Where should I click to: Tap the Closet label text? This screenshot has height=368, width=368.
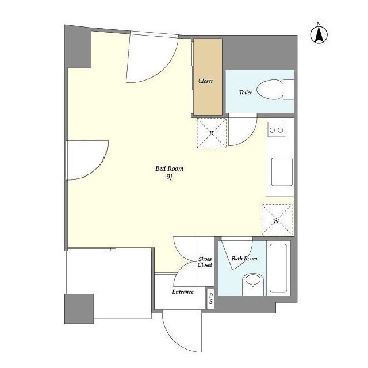pyautogui.click(x=205, y=80)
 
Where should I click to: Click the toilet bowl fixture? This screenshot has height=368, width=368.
pyautogui.click(x=275, y=90)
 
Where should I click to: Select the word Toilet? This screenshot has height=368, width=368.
pyautogui.click(x=246, y=93)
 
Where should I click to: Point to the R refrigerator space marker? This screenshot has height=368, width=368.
pyautogui.click(x=212, y=133)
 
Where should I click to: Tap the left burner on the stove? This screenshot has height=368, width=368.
pyautogui.click(x=272, y=130)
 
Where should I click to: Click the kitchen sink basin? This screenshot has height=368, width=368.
pyautogui.click(x=282, y=172)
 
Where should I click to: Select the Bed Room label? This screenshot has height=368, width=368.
pyautogui.click(x=169, y=168)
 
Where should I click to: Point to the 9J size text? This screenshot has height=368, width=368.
pyautogui.click(x=169, y=177)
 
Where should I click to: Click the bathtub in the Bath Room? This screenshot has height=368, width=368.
pyautogui.click(x=278, y=268)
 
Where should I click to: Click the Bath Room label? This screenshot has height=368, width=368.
pyautogui.click(x=244, y=259)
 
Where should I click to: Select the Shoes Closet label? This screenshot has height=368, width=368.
pyautogui.click(x=205, y=262)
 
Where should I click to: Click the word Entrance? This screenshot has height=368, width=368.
pyautogui.click(x=183, y=292)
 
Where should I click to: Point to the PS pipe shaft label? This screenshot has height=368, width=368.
pyautogui.click(x=211, y=298)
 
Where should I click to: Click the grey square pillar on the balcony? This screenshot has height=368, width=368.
pyautogui.click(x=79, y=309)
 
